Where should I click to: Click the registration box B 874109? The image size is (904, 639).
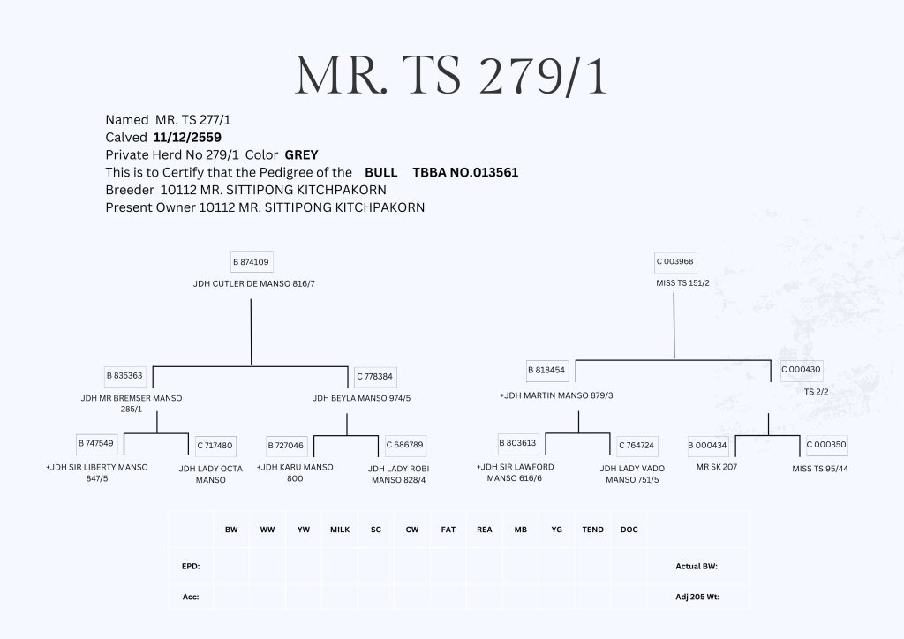point(251,262)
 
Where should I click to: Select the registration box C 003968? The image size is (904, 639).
point(674,262)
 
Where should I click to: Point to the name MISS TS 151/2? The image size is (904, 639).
point(674,283)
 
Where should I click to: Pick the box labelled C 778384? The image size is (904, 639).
point(374,376)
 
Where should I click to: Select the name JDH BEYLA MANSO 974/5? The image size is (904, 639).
point(361,398)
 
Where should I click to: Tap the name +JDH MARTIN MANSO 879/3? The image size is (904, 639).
point(556,395)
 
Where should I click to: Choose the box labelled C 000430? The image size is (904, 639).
point(801,369)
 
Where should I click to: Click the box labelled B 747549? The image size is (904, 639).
point(95,443)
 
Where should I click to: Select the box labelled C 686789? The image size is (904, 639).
point(404,445)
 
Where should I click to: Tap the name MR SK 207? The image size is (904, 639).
point(717,467)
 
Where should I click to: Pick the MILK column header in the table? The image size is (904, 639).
point(340,530)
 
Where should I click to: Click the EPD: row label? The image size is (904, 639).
point(191,566)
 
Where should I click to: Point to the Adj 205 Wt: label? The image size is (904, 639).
point(697,598)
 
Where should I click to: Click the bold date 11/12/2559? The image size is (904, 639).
point(187,138)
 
